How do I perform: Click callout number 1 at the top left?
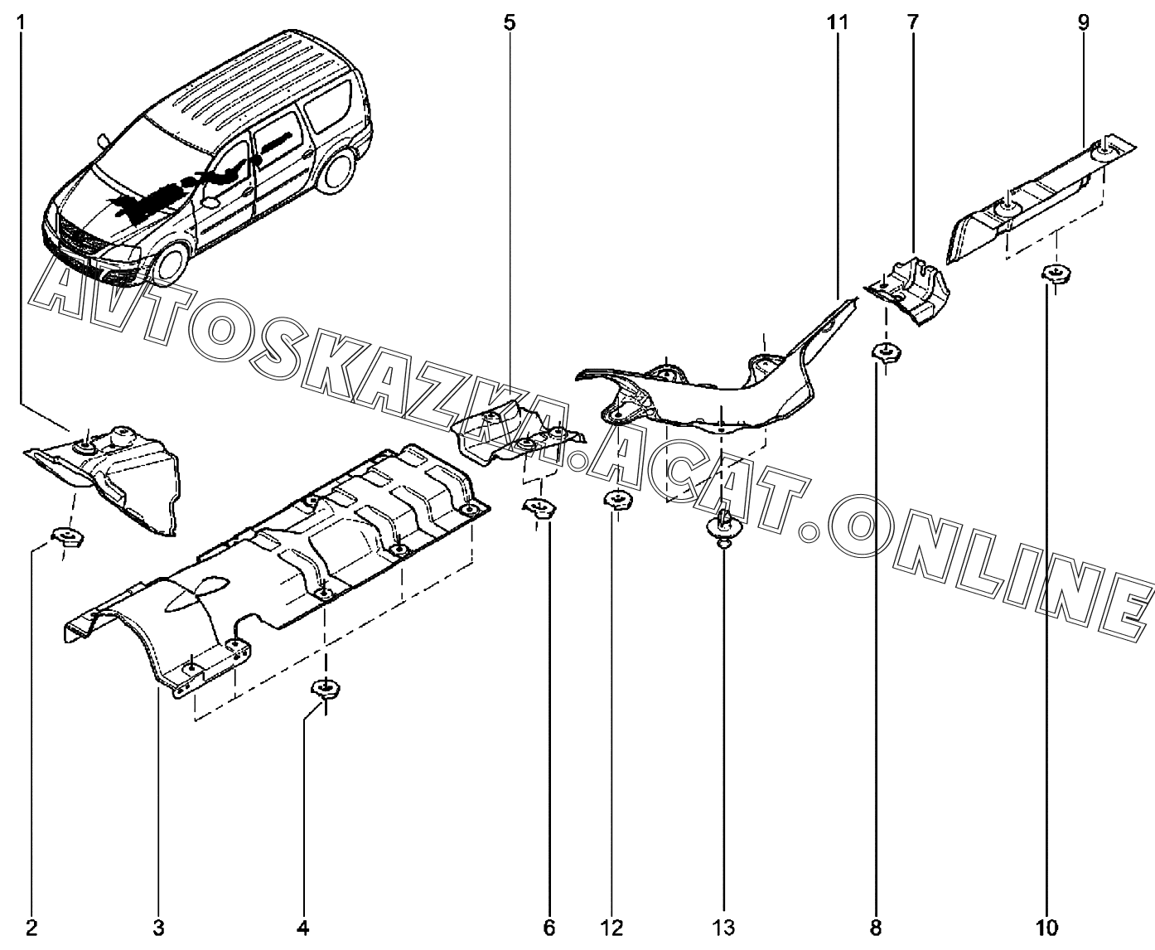coord(21,22)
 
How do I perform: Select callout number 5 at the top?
coord(509,22)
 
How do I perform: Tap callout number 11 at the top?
coord(837,22)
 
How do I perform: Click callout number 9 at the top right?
coord(1084,22)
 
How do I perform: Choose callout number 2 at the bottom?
coord(31,926)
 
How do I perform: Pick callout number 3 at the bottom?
coord(159,926)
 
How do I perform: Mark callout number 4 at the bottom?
coord(302,926)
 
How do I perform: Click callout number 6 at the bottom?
coord(549,926)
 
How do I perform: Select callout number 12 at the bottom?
coord(612,926)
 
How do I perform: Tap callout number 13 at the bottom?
coord(723,926)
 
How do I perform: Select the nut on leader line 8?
coord(886,353)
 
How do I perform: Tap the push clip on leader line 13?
coord(724,527)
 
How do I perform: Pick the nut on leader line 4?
coord(326,688)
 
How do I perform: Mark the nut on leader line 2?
coord(68,538)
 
